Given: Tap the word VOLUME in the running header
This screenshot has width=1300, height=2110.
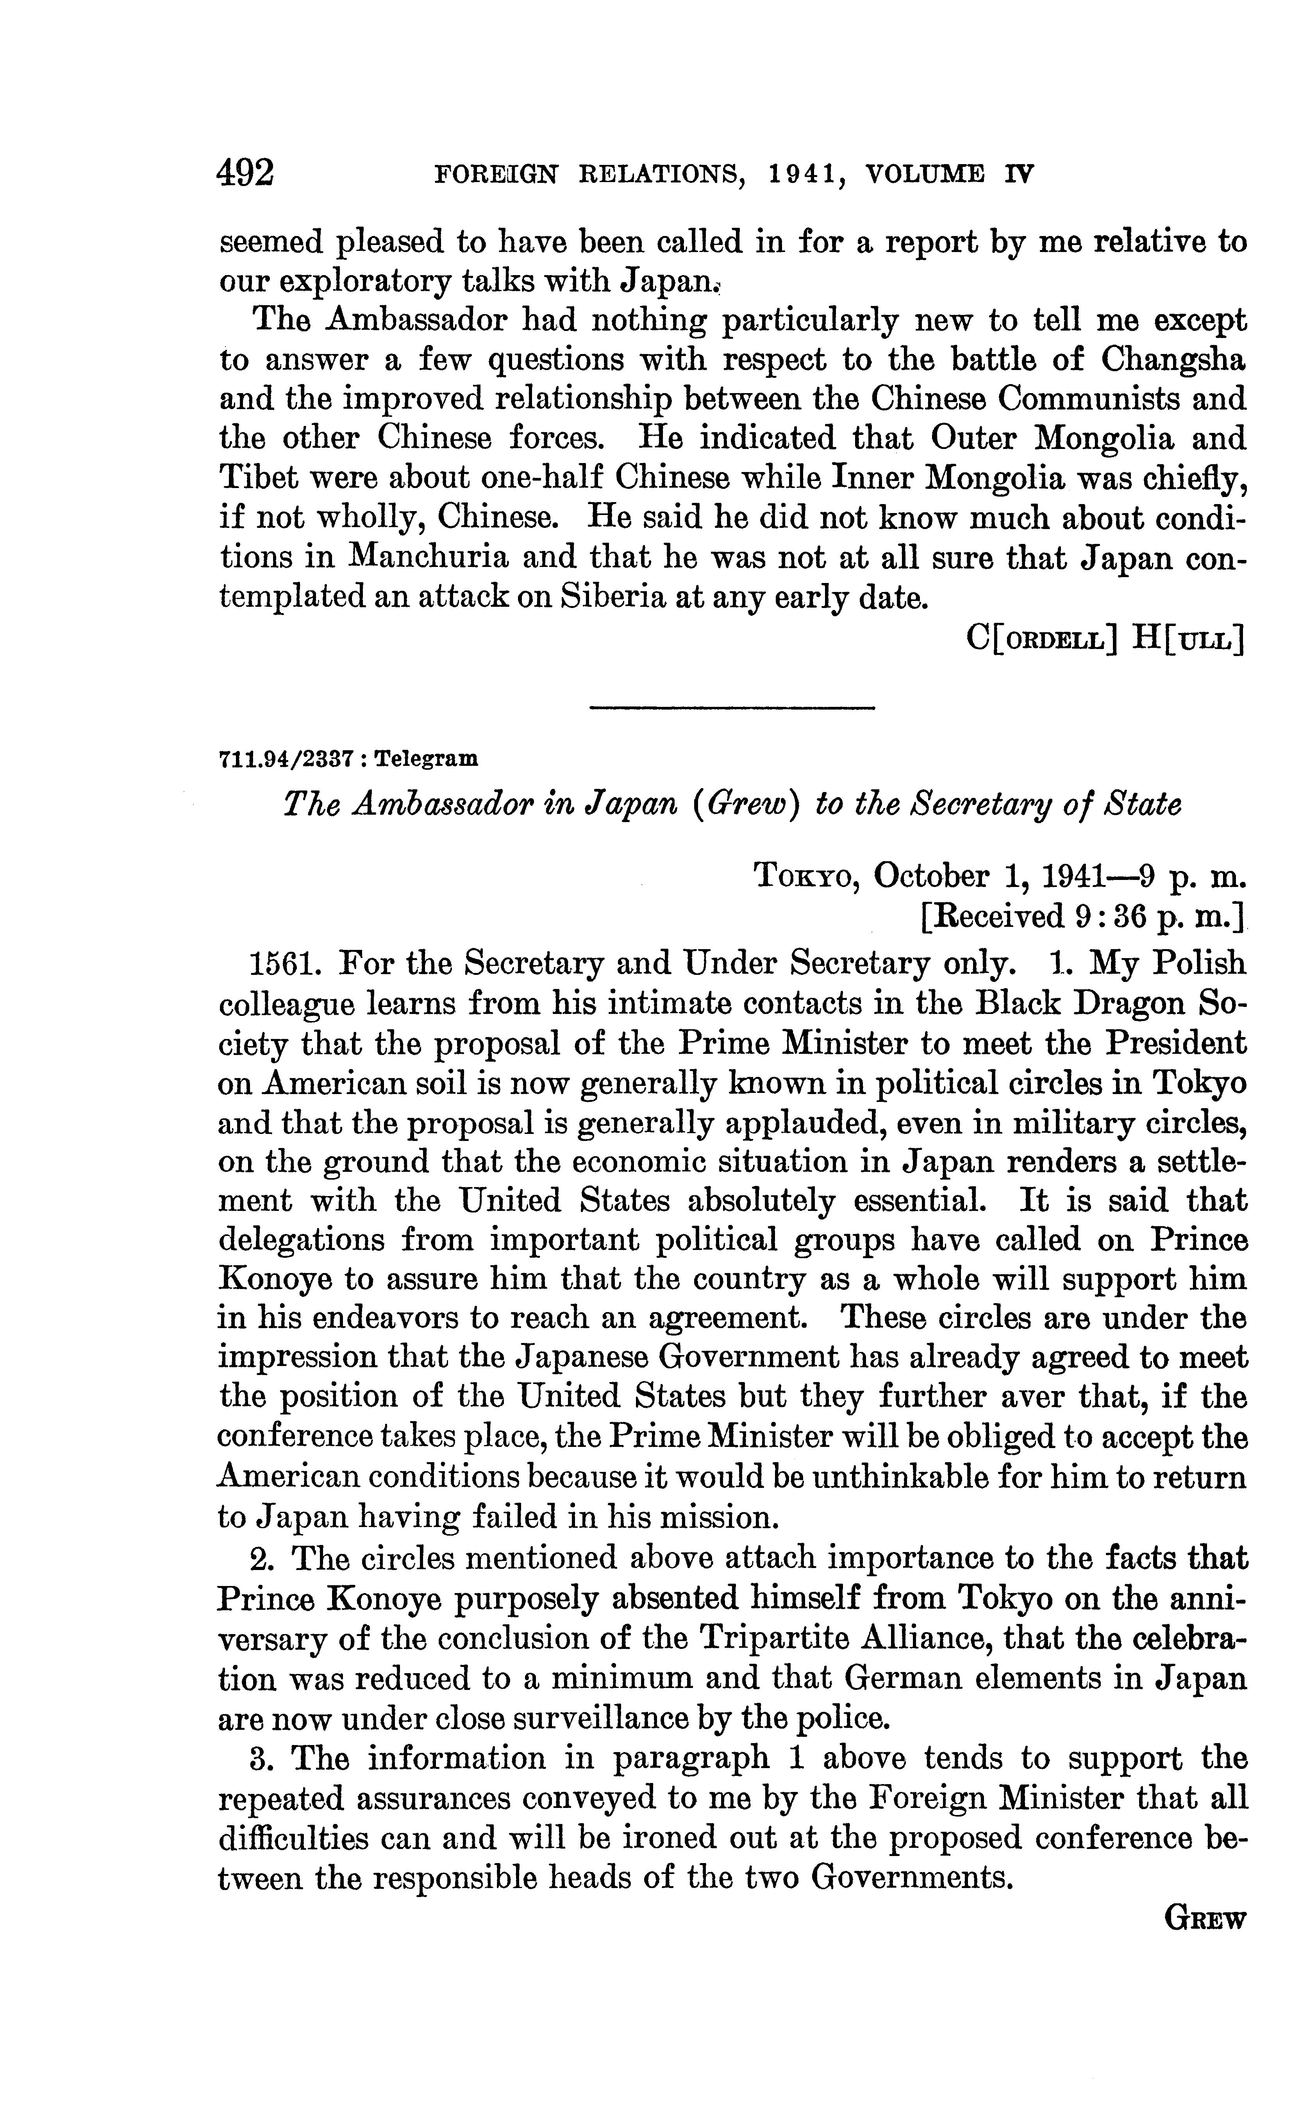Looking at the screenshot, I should pos(924,175).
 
